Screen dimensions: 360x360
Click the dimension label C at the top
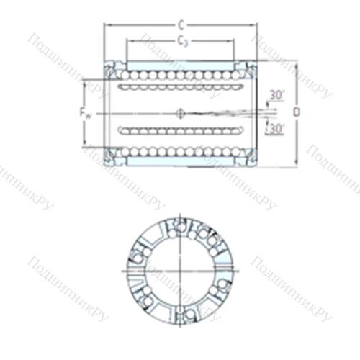[180, 24]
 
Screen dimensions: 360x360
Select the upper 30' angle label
[276, 94]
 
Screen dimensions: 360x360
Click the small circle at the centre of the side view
[181, 112]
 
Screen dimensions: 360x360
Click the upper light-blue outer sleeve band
[180, 65]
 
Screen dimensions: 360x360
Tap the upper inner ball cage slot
[179, 88]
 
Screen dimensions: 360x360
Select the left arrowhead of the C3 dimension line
[128, 48]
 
